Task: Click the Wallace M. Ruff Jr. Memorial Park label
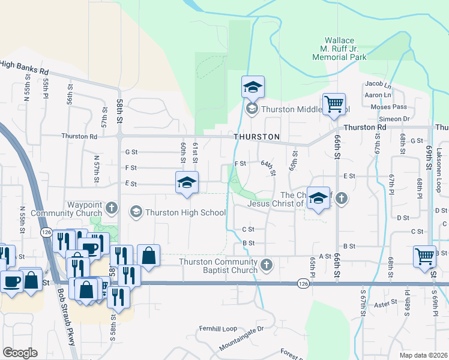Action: [339, 49]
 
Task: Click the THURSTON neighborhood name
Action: [256, 137]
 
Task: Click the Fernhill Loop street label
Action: [220, 329]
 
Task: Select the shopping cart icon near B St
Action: [424, 256]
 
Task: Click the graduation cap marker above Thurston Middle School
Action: [253, 88]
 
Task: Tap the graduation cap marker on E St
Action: [187, 182]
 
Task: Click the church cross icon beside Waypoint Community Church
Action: [111, 209]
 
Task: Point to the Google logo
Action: [20, 353]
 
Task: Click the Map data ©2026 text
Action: [424, 355]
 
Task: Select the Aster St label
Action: [396, 305]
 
